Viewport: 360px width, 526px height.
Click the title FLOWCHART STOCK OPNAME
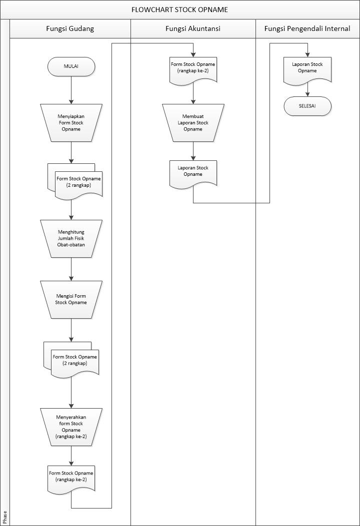pyautogui.click(x=180, y=9)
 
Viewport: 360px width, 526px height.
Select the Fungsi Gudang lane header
pyautogui.click(x=70, y=29)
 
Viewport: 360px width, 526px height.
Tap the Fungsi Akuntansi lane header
pyautogui.click(x=193, y=29)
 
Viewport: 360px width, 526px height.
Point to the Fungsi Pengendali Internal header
pyautogui.click(x=307, y=29)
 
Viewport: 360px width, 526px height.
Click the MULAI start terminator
pyautogui.click(x=71, y=66)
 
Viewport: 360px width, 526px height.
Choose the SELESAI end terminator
pyautogui.click(x=307, y=106)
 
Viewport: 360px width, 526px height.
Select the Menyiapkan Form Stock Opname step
pyautogui.click(x=71, y=122)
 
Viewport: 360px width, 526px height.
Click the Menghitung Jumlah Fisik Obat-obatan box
pyautogui.click(x=71, y=239)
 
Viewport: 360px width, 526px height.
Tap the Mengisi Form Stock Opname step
pyautogui.click(x=71, y=299)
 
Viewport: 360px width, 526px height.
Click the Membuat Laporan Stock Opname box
pyautogui.click(x=193, y=122)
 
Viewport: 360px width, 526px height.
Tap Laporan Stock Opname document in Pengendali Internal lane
pyautogui.click(x=307, y=69)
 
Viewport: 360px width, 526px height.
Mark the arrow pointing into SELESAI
pyautogui.click(x=307, y=90)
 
